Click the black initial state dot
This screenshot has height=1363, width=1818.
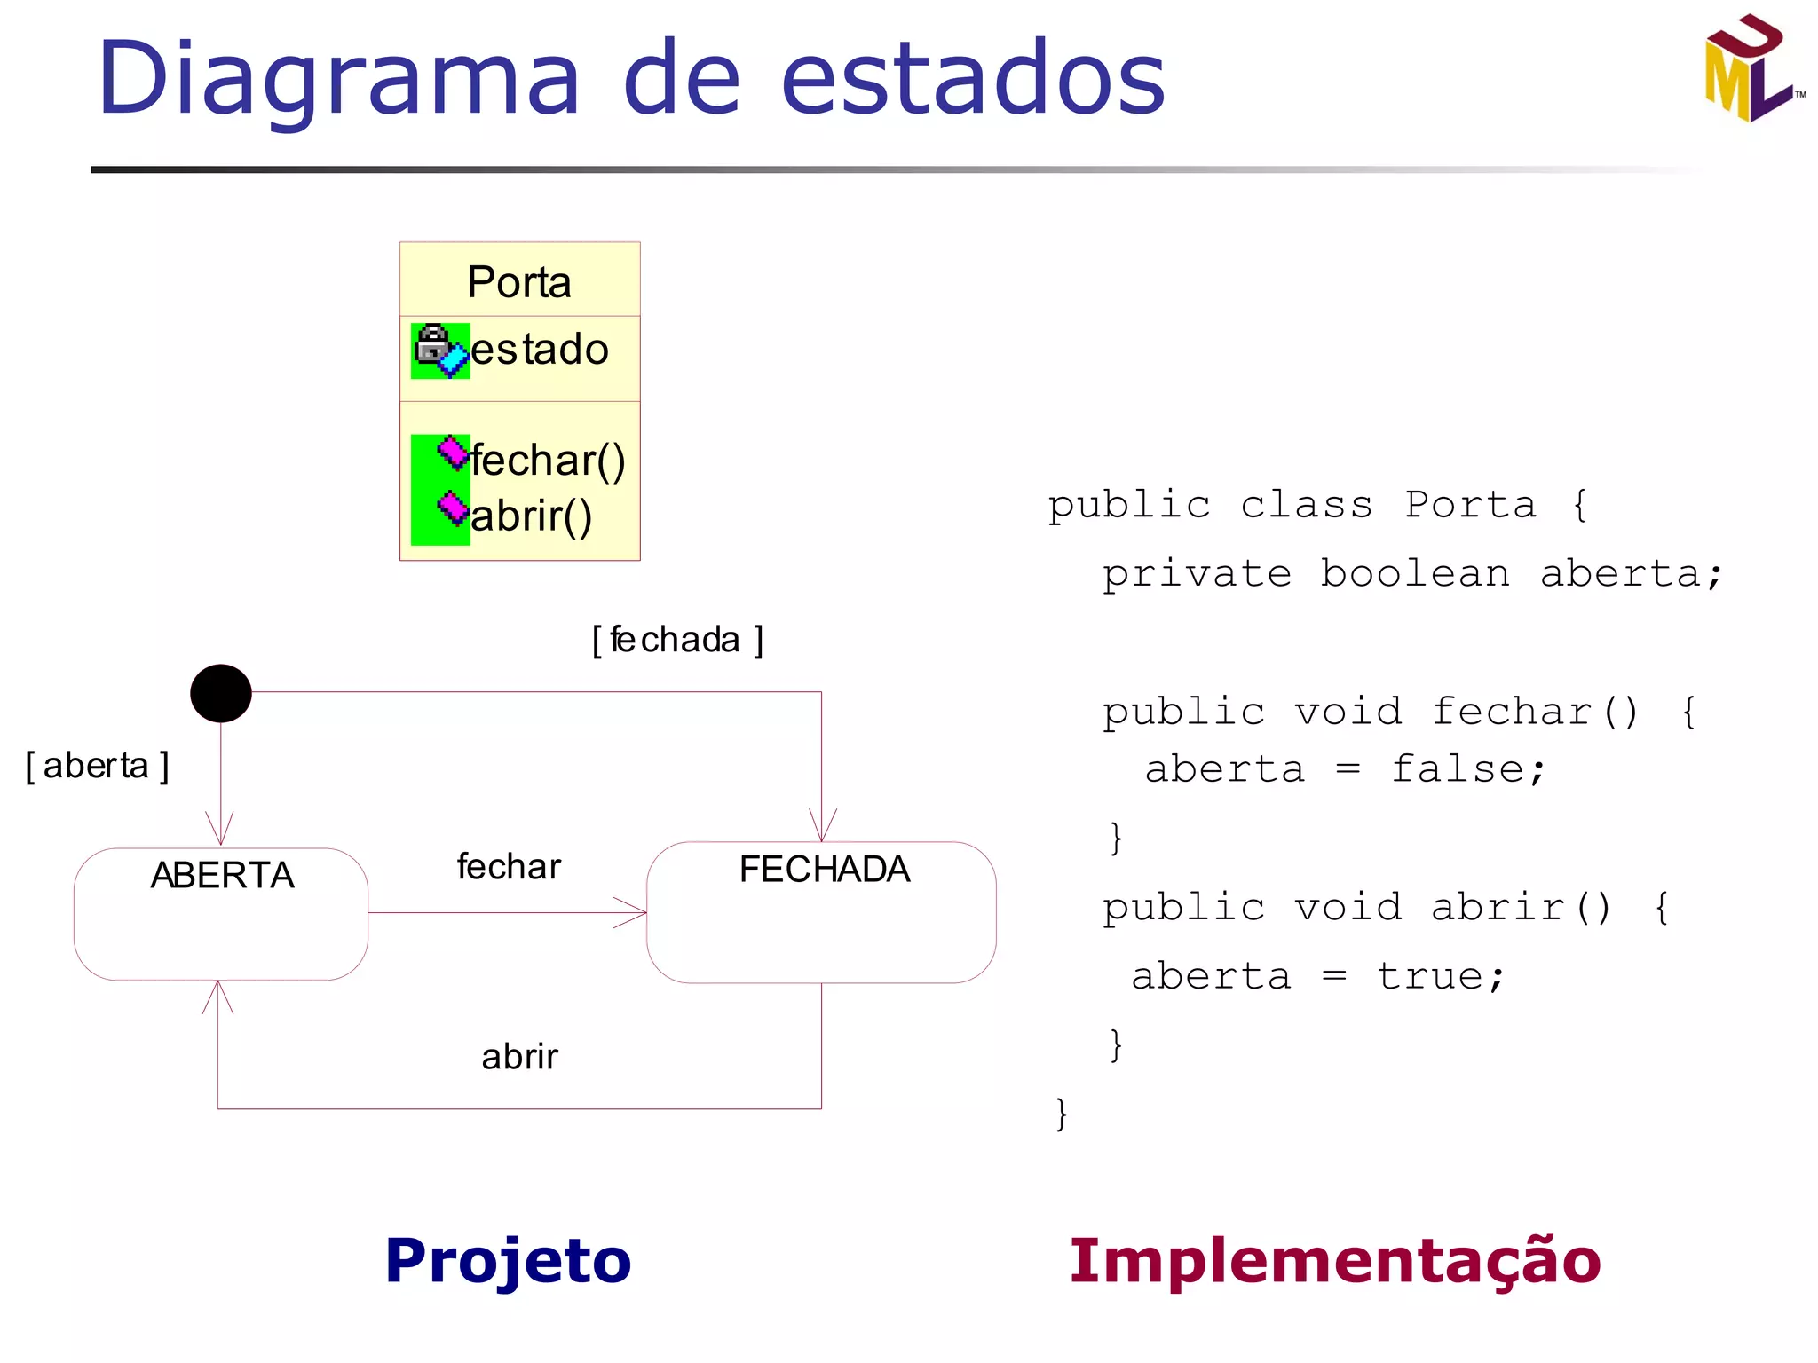(x=221, y=693)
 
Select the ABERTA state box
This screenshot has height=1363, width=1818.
(x=221, y=914)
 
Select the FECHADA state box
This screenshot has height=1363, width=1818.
(x=821, y=912)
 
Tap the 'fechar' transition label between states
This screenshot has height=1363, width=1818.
(x=509, y=867)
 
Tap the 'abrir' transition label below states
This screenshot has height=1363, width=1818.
(x=519, y=1057)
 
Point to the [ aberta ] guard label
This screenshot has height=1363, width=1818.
(x=97, y=766)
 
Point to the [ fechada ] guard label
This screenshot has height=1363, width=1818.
(x=677, y=640)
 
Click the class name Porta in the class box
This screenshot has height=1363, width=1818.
(x=519, y=282)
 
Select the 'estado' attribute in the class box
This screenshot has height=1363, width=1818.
(x=539, y=349)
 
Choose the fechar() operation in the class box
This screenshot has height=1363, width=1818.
(x=548, y=460)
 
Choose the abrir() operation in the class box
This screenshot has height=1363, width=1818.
(x=531, y=516)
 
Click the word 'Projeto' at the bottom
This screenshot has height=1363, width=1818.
(x=508, y=1261)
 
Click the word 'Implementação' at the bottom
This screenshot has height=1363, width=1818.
(x=1334, y=1261)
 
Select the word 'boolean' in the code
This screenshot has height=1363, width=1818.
(x=1415, y=573)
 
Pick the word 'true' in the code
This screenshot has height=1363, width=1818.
(x=1430, y=976)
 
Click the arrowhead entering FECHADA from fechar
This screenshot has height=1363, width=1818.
(x=633, y=912)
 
